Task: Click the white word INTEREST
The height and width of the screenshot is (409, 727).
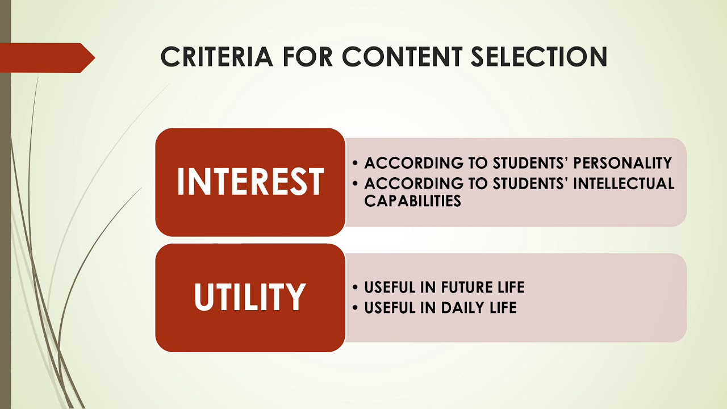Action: pyautogui.click(x=250, y=182)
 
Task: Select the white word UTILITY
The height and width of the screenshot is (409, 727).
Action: pyautogui.click(x=250, y=297)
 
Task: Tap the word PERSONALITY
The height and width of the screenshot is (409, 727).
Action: pyautogui.click(x=622, y=163)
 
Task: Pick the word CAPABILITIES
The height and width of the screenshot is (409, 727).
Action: pyautogui.click(x=412, y=201)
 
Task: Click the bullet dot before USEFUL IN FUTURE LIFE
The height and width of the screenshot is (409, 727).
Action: pyautogui.click(x=356, y=287)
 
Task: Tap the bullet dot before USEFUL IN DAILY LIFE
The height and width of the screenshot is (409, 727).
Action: pyautogui.click(x=356, y=308)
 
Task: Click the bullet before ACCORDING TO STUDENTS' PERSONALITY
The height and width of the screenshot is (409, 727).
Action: pyautogui.click(x=356, y=164)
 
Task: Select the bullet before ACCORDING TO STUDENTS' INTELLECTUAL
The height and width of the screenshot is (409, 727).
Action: pyautogui.click(x=356, y=184)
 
